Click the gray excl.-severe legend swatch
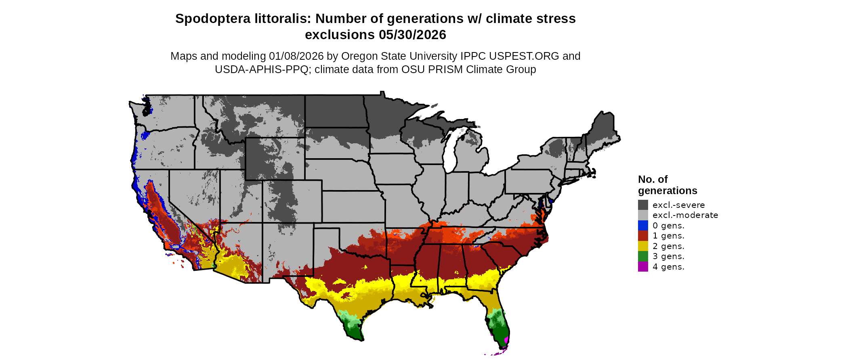click(643, 205)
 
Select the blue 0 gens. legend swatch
click(643, 225)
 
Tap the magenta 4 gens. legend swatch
click(643, 266)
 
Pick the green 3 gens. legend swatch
click(643, 256)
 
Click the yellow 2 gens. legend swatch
click(643, 246)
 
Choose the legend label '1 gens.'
click(668, 236)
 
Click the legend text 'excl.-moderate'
click(685, 215)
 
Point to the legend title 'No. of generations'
click(667, 185)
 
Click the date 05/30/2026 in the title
click(412, 35)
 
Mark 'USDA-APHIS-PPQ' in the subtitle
click(263, 69)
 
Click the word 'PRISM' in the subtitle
click(445, 69)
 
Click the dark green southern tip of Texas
click(355, 332)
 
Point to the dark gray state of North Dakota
click(335, 111)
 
